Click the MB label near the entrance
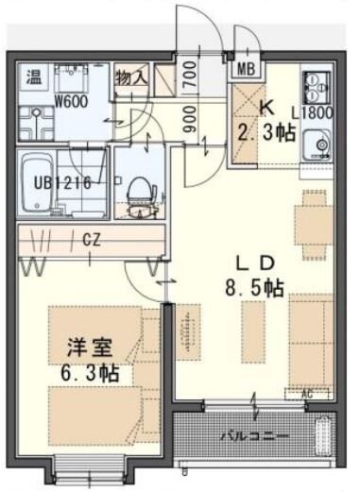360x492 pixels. (x=246, y=68)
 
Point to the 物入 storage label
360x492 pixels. (x=131, y=76)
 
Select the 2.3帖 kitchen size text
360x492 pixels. (x=266, y=132)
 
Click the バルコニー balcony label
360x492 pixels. (x=255, y=436)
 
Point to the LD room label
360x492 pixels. (x=253, y=260)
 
